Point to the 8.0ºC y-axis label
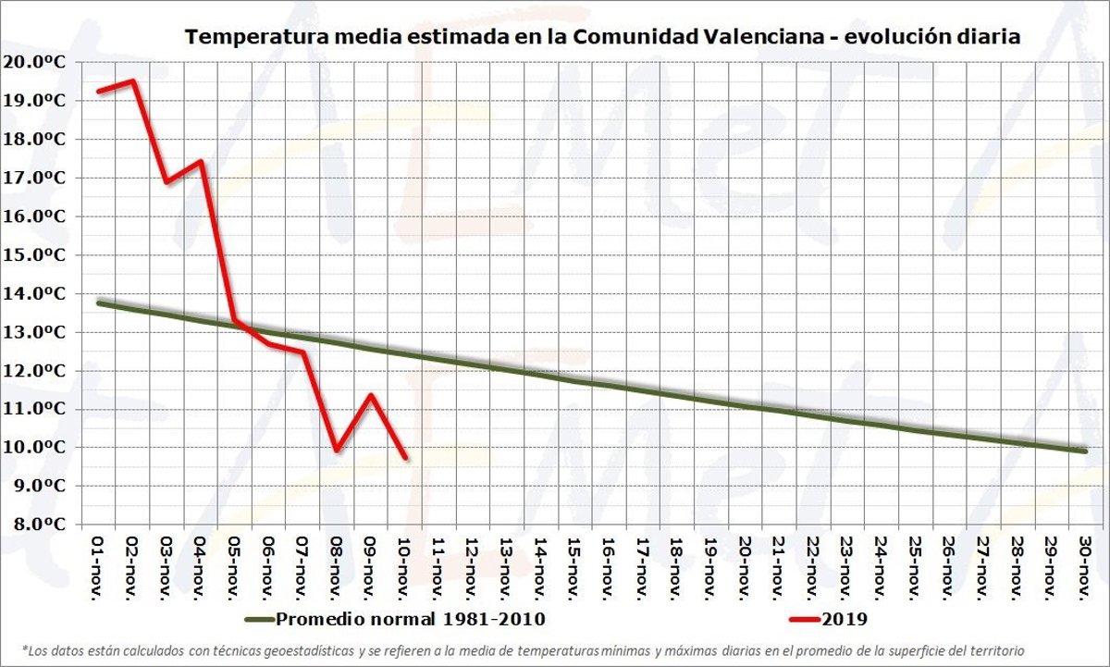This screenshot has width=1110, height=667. tap(43, 525)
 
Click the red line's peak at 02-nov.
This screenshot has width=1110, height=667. tap(133, 80)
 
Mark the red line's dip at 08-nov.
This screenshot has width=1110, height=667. tap(337, 450)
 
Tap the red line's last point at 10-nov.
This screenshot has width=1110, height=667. tap(405, 456)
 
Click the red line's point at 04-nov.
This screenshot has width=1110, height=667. tap(201, 162)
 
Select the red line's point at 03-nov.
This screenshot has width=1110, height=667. tap(166, 181)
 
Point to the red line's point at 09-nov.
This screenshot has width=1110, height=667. tap(371, 396)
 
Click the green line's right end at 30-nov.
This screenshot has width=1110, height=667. tap(1084, 451)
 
